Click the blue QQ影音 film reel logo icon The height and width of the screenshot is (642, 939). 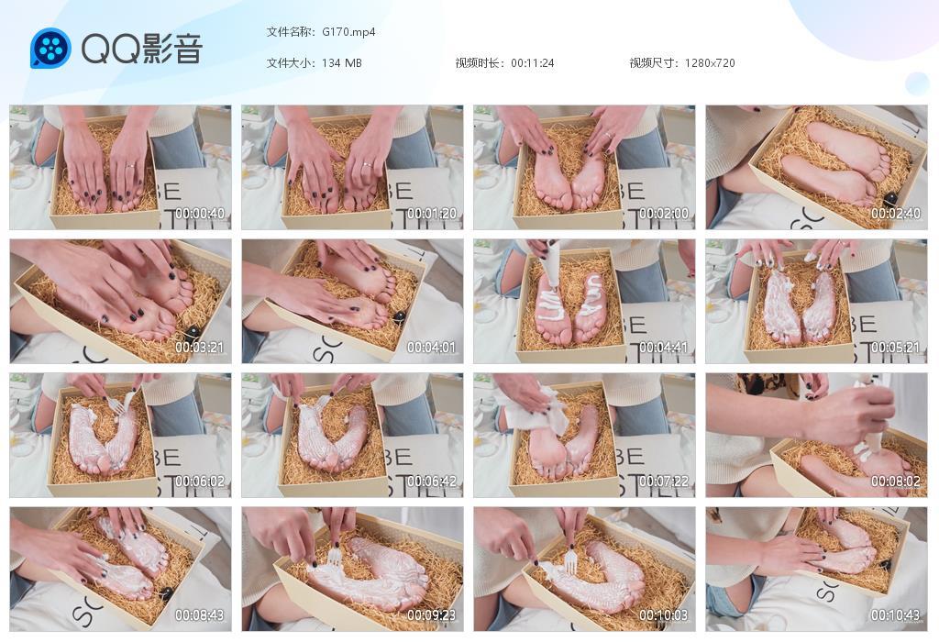(50, 48)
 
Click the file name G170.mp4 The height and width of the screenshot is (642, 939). (348, 32)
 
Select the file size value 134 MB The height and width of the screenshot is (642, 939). (341, 63)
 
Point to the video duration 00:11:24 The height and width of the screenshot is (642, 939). (533, 63)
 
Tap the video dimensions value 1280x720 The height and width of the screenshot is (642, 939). (710, 63)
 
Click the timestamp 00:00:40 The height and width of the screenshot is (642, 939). (200, 213)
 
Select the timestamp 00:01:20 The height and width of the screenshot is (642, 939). (432, 213)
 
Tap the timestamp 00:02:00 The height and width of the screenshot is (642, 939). (664, 213)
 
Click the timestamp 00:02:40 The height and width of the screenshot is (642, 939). (895, 213)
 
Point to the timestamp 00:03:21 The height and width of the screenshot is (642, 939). (200, 348)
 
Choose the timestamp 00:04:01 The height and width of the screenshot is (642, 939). (432, 348)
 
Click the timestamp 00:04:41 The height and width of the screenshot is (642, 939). (664, 348)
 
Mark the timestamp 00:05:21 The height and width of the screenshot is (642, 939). (895, 348)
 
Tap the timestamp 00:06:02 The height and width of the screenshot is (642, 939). (200, 481)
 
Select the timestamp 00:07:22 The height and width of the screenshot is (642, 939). (664, 481)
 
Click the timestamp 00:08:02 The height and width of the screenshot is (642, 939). (895, 481)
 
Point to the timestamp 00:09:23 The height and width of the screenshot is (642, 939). (432, 615)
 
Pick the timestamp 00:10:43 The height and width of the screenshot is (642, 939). (895, 615)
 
